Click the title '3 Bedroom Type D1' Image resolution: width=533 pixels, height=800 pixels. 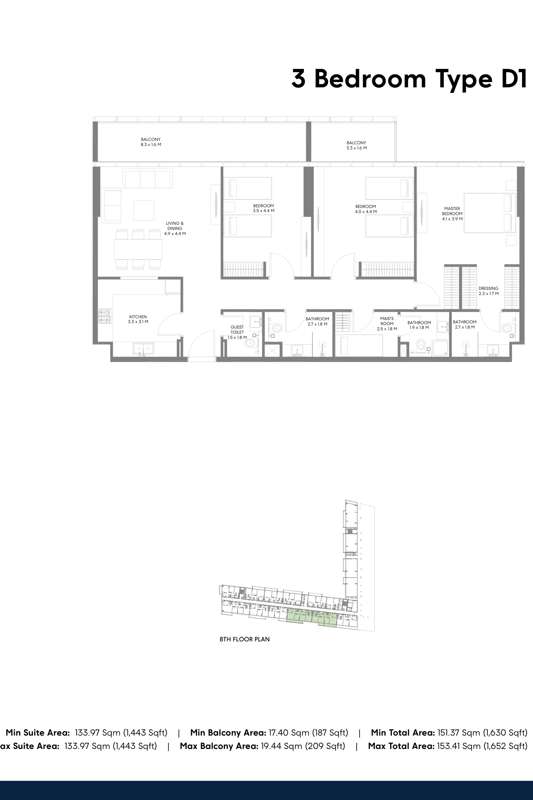pos(409,79)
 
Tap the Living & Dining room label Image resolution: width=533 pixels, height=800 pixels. pos(175,229)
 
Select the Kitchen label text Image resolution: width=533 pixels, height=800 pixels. pos(138,319)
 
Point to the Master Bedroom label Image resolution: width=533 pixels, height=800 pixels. pos(452,213)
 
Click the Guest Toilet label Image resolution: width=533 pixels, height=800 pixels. pos(237,332)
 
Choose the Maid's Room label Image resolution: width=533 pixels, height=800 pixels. pos(387,323)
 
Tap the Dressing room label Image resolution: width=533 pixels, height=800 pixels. pos(488,291)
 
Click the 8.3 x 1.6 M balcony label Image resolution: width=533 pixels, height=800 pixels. pos(151,142)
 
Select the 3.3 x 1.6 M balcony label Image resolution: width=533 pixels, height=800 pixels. pos(356,146)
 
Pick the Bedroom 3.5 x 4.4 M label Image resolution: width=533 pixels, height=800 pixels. pos(263,208)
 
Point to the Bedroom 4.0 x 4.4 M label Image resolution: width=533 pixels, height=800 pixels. pos(366,209)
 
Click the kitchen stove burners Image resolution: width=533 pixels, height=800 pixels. pos(105,316)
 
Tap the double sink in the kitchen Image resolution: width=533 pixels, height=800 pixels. pos(144,349)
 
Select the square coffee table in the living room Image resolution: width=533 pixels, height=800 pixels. pos(144,210)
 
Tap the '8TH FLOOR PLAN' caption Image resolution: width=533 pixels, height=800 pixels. pos(245,639)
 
